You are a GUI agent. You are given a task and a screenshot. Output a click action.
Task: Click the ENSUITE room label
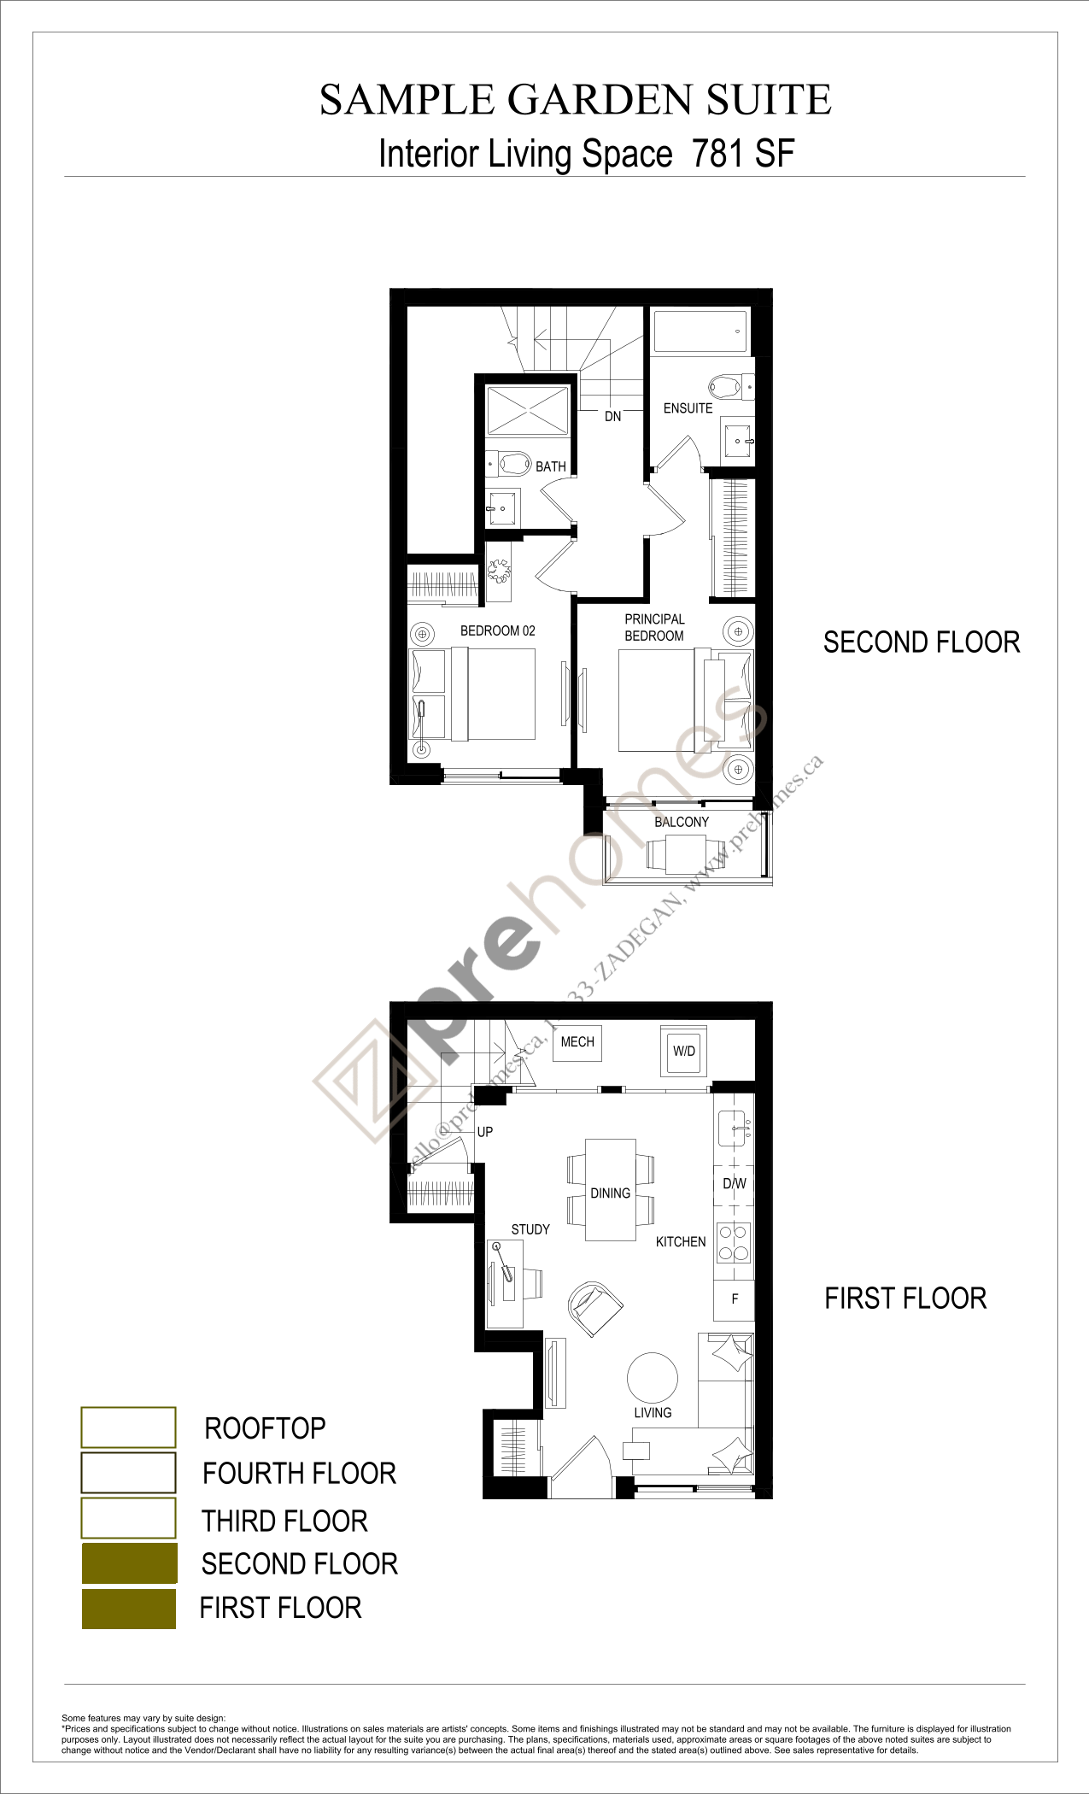(x=688, y=408)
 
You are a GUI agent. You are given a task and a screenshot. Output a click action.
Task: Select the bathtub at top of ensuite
(x=700, y=331)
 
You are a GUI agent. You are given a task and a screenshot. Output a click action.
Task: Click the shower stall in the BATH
(x=527, y=411)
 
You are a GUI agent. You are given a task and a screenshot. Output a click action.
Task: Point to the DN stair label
(x=612, y=417)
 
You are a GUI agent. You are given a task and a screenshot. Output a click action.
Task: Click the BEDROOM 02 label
(x=497, y=631)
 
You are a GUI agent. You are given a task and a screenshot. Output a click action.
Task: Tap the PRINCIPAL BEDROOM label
(x=654, y=628)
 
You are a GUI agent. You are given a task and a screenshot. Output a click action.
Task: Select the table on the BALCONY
(x=685, y=853)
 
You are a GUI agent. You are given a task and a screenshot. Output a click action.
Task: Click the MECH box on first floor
(x=577, y=1043)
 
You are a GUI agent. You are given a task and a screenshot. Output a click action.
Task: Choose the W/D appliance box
(x=684, y=1052)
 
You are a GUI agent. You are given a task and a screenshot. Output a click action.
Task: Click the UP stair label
(x=484, y=1133)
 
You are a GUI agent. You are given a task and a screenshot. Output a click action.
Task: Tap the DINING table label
(x=610, y=1193)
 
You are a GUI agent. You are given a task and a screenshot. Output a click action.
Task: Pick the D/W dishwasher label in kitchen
(x=734, y=1184)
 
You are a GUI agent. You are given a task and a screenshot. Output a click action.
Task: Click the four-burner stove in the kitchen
(x=734, y=1243)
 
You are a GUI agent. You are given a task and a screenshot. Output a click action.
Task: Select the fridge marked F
(x=735, y=1299)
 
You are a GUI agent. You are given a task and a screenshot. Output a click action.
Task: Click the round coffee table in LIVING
(x=653, y=1378)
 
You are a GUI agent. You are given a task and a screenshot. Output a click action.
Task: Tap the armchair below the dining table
(x=594, y=1308)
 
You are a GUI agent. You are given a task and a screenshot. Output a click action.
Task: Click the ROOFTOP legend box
(x=128, y=1428)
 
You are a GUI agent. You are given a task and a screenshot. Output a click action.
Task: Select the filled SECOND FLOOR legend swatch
(x=129, y=1562)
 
